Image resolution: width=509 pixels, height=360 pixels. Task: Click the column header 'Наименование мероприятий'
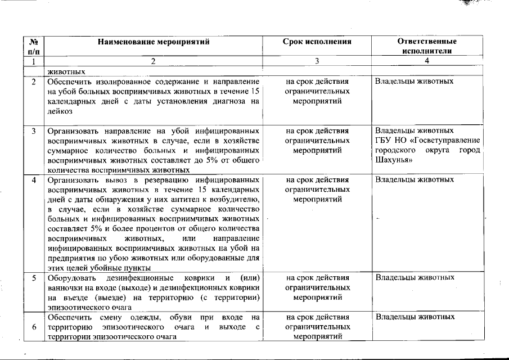153,42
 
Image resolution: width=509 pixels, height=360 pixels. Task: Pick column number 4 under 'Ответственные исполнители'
427,61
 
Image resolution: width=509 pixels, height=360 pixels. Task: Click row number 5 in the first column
33,278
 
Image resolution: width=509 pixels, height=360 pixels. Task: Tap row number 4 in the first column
33,180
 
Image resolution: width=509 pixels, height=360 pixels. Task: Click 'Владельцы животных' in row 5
415,278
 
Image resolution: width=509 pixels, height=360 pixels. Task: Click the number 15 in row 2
254,92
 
